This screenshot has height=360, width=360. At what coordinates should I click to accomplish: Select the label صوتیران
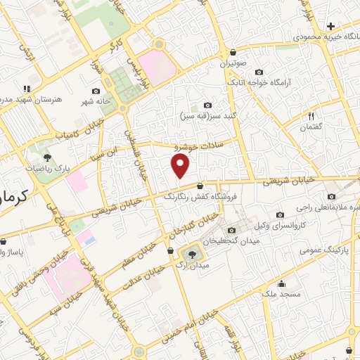tap(233, 63)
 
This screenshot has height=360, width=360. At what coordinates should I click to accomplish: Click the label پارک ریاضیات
tap(48, 168)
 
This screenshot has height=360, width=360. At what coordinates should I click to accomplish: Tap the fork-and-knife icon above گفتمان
tap(311, 115)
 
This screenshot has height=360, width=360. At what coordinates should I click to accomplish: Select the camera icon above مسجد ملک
tap(283, 284)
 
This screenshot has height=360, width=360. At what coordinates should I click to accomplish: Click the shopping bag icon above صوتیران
tap(233, 52)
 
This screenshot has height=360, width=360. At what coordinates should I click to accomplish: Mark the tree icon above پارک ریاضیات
tap(47, 157)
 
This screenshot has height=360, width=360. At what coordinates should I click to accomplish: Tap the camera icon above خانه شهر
tap(96, 91)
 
